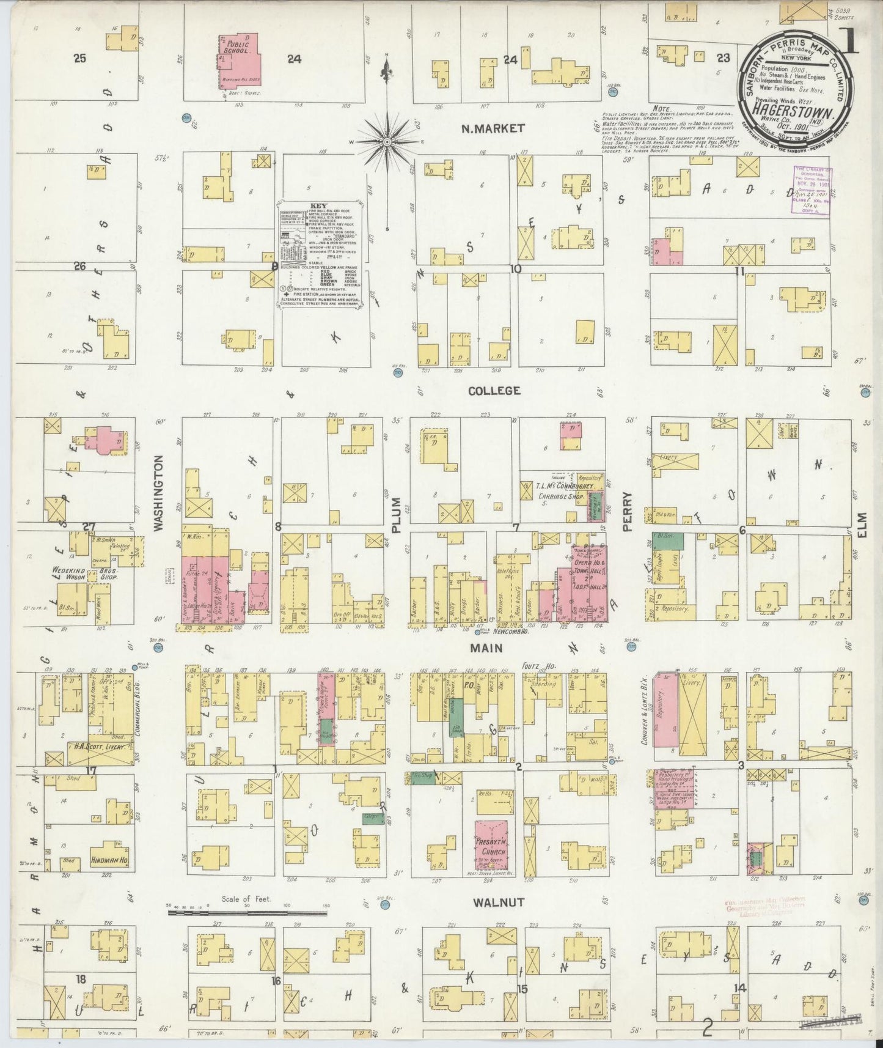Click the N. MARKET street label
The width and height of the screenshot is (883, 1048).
[493, 128]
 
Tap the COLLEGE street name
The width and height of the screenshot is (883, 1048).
[494, 390]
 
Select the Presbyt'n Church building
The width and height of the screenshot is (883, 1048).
[492, 846]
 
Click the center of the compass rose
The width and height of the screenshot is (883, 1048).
[387, 141]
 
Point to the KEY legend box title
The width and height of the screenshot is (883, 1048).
[319, 206]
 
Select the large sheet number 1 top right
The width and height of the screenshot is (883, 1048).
[849, 42]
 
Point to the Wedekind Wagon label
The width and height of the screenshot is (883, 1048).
[66, 572]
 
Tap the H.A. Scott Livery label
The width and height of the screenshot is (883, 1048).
[101, 747]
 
